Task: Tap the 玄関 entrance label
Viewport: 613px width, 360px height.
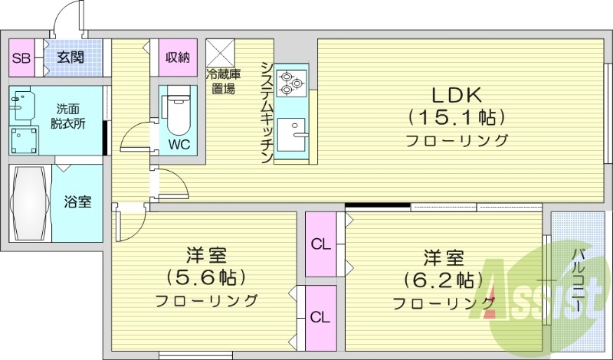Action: tap(70, 57)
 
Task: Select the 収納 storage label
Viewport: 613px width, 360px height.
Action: tap(178, 57)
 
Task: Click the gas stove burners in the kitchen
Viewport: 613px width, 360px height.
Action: tap(291, 81)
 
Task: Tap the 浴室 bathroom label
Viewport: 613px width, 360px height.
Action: tap(78, 202)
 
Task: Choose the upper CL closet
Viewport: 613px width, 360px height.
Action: tap(320, 244)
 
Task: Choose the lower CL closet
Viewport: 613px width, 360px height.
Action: tap(320, 316)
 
